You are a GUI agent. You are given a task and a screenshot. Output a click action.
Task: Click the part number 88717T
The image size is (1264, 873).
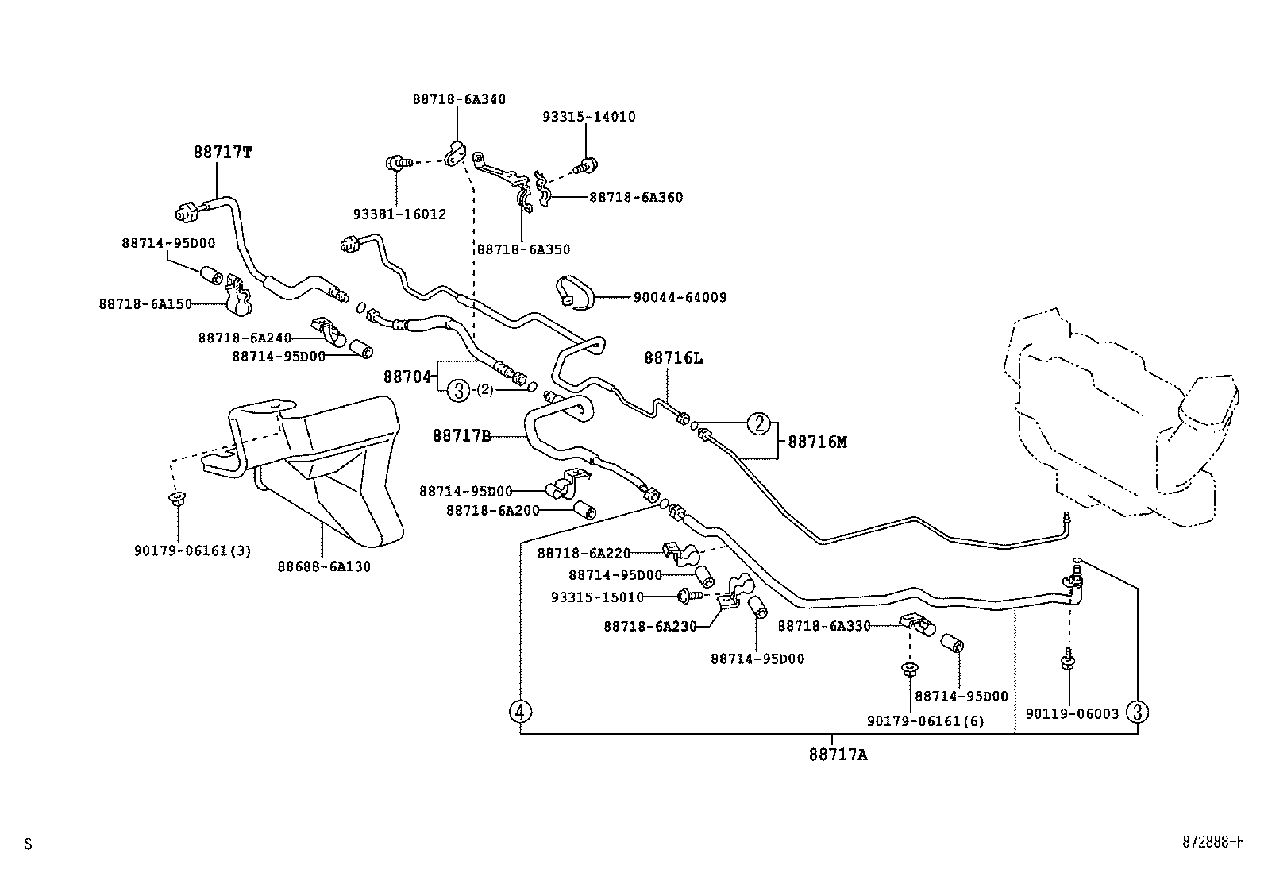click(222, 152)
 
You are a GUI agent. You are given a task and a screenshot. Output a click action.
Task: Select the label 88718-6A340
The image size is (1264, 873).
click(459, 99)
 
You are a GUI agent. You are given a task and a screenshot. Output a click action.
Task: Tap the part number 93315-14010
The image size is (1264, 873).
click(589, 116)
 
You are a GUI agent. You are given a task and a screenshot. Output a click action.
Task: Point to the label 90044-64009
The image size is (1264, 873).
click(680, 298)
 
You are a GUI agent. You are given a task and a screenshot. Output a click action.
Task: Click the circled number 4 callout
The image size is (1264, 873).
click(520, 711)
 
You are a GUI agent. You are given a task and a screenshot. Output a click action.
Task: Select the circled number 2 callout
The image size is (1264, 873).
click(759, 424)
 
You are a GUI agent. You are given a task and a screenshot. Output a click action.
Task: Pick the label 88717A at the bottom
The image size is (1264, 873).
click(838, 755)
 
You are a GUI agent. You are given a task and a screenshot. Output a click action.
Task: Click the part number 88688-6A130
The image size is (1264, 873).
click(324, 566)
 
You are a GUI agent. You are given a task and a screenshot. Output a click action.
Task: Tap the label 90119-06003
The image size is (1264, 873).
click(1072, 713)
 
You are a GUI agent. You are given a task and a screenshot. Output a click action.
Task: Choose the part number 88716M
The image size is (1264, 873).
click(817, 442)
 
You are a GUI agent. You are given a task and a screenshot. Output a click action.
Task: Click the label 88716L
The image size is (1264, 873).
click(673, 358)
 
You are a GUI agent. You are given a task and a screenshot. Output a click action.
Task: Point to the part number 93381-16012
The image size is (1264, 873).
click(399, 214)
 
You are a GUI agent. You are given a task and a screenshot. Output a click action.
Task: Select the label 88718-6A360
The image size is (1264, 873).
click(635, 197)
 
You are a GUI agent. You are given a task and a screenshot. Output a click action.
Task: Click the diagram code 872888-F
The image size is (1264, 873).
click(1211, 842)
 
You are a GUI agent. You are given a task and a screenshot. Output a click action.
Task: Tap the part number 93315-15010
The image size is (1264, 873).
click(597, 597)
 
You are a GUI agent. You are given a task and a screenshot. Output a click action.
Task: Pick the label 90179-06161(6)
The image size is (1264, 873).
click(925, 720)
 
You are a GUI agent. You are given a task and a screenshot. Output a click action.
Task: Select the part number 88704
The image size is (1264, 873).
click(407, 377)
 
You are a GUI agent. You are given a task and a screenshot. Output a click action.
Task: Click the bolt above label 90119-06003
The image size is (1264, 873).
click(1069, 659)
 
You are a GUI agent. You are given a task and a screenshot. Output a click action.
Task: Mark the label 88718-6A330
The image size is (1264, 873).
click(823, 626)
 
